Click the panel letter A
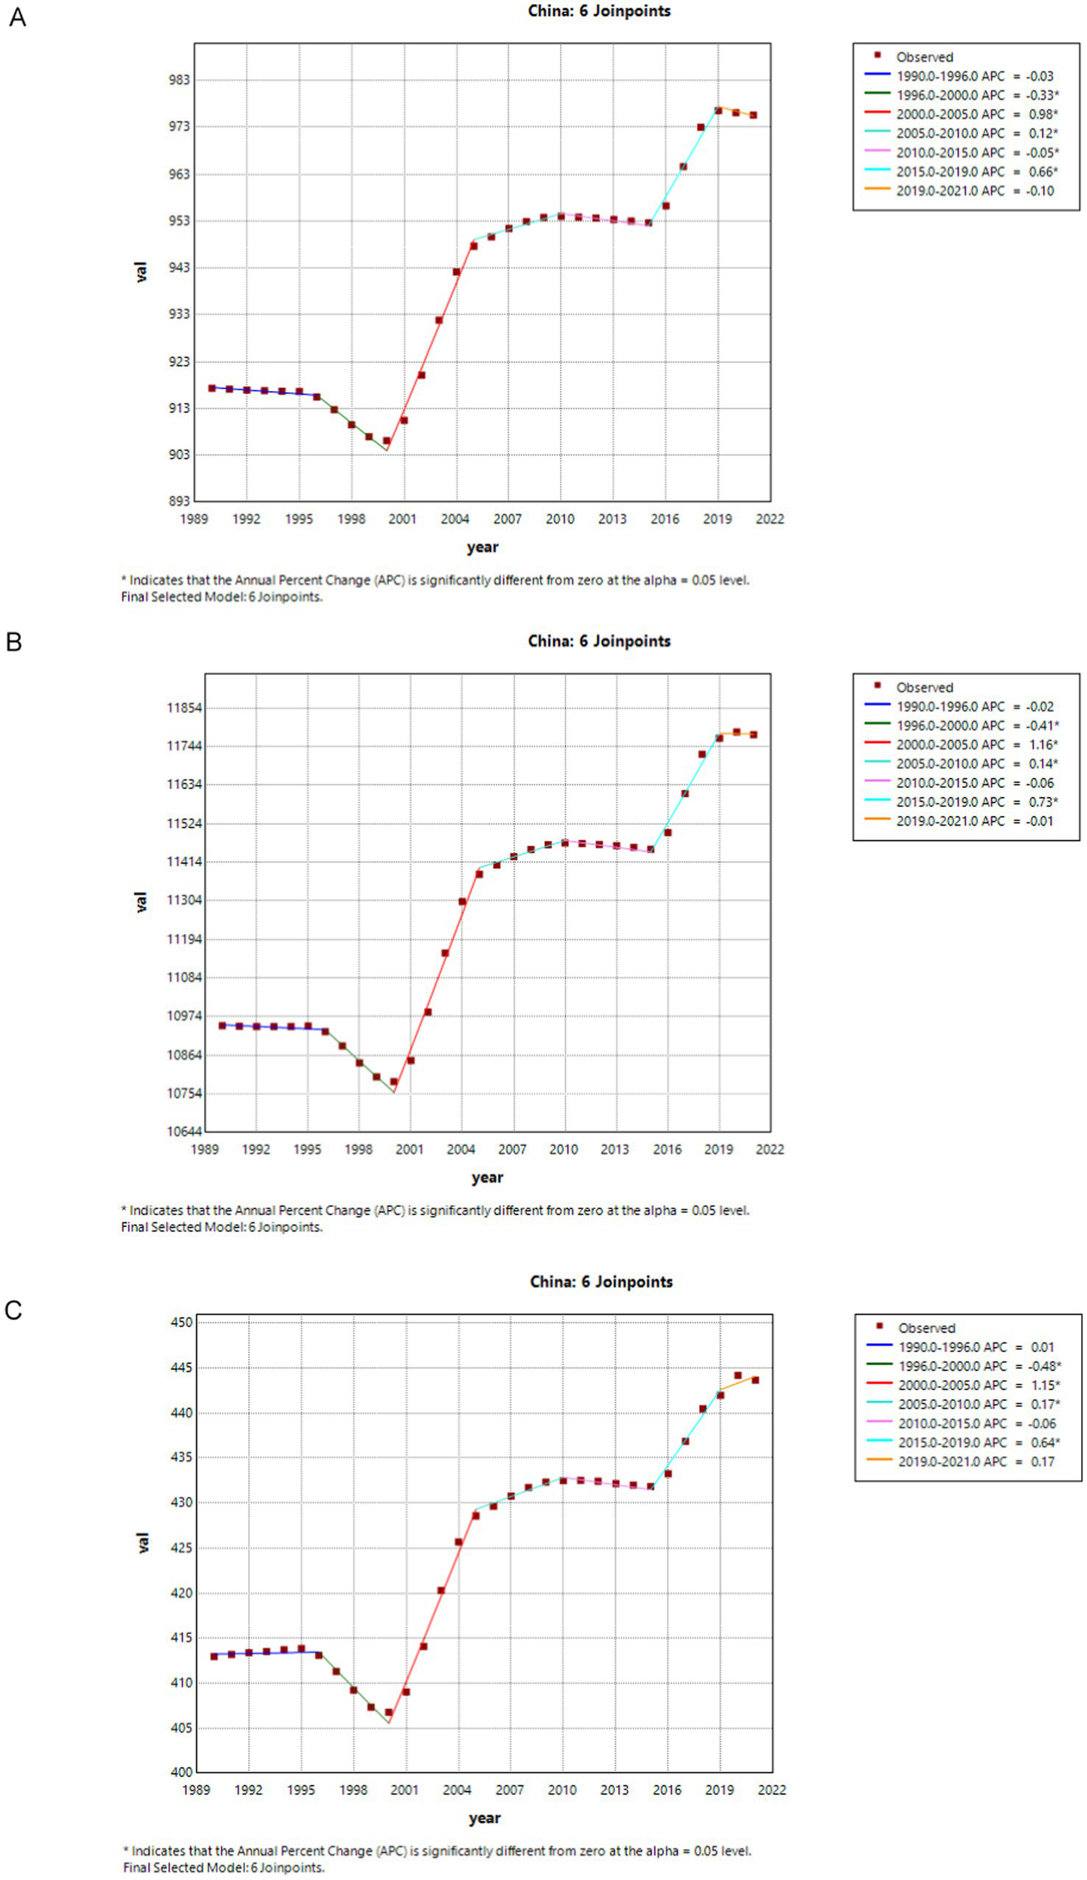point(17,17)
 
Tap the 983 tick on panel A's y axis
point(180,80)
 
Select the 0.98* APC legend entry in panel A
point(976,114)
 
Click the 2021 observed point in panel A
point(753,116)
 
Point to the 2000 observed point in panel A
point(387,441)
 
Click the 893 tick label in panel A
point(180,501)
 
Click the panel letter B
point(14,641)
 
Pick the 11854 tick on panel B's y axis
point(184,708)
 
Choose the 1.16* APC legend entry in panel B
point(976,744)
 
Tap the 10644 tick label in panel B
point(184,1132)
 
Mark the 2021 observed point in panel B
point(753,735)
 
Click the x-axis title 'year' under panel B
point(487,1178)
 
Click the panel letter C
point(14,1310)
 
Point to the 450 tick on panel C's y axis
point(182,1322)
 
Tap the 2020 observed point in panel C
point(738,1375)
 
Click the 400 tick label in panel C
point(182,1772)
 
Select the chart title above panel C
point(601,1281)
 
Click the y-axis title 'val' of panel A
point(141,272)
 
